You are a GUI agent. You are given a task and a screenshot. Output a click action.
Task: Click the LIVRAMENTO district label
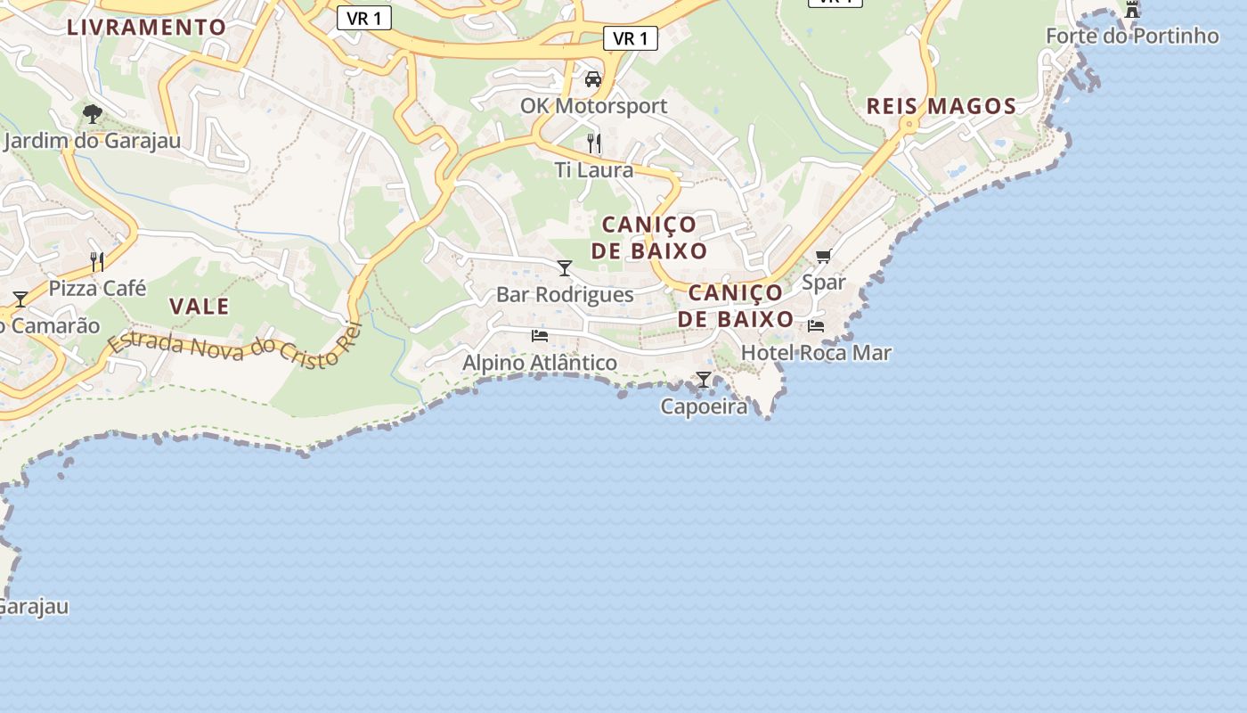tap(147, 27)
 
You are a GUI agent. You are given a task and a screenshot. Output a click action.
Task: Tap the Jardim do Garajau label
tap(92, 141)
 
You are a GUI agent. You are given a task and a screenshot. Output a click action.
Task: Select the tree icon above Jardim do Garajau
tap(92, 113)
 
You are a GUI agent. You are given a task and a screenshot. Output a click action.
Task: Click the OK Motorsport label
tap(593, 106)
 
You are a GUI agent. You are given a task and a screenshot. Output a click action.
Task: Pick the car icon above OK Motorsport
tap(593, 79)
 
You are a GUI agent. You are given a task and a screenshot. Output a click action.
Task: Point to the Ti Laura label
tap(594, 170)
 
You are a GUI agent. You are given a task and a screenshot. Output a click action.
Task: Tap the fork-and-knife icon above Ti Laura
tap(594, 143)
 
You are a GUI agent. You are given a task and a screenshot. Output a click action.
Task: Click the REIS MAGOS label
tap(941, 106)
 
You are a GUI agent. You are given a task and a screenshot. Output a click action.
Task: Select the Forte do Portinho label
tap(1132, 37)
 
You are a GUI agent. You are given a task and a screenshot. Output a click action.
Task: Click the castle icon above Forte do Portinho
tap(1132, 10)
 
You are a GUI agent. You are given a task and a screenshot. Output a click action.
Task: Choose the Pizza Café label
tap(97, 289)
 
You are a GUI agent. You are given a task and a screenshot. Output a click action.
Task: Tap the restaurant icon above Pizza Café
tap(97, 261)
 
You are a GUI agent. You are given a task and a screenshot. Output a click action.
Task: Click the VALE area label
tap(200, 307)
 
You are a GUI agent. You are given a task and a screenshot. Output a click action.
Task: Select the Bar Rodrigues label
tap(565, 295)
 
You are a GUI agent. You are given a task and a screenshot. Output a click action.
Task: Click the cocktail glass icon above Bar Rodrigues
tap(565, 267)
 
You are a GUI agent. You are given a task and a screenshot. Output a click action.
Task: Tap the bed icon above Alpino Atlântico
tap(539, 336)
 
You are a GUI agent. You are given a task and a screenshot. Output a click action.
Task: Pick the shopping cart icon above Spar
tap(823, 257)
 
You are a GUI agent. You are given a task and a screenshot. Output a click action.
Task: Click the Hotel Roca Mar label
tap(816, 353)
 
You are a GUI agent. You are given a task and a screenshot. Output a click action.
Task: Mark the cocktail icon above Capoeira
tap(704, 380)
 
